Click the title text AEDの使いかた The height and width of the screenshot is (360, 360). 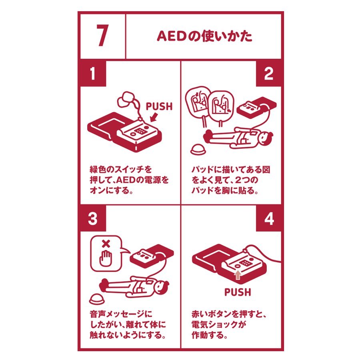click(204, 36)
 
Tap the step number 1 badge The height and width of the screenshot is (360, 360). click(93, 74)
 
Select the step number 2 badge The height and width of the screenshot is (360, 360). click(269, 74)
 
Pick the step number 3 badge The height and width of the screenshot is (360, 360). click(93, 218)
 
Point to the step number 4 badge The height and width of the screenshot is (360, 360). click(269, 218)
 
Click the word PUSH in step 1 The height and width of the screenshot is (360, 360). click(159, 106)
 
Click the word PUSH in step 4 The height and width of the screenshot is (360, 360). click(238, 292)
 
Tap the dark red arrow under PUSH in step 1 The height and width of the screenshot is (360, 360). click(154, 117)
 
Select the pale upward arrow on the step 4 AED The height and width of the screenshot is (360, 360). click(238, 275)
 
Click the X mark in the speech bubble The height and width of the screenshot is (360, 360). click(106, 244)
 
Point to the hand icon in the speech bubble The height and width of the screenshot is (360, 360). click(105, 258)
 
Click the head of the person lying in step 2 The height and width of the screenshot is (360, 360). click(266, 139)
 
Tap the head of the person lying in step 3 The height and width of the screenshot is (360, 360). click(162, 287)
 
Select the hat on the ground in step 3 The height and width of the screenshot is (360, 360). click(97, 299)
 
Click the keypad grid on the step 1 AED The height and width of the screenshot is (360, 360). click(140, 131)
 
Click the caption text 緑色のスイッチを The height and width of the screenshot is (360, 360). click(121, 170)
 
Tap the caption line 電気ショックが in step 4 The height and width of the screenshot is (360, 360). click(219, 324)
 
